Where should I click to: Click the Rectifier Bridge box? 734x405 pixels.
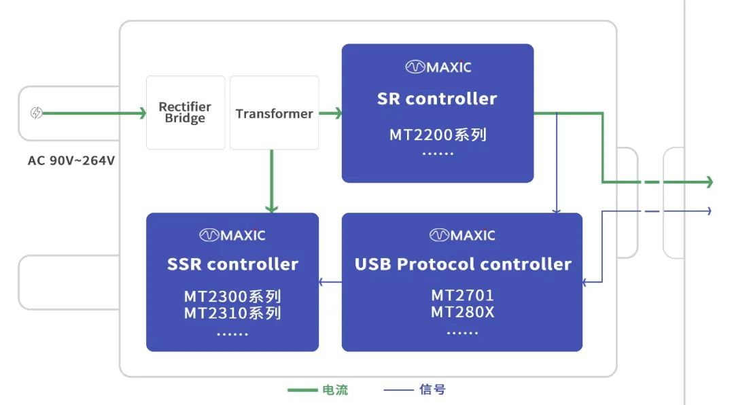(186, 113)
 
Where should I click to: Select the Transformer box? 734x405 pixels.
(275, 113)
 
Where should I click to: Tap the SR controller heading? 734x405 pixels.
(437, 99)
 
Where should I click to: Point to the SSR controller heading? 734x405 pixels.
(232, 264)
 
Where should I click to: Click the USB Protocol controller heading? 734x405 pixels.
(463, 264)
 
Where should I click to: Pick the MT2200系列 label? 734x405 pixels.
(438, 134)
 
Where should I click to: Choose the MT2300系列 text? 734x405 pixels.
(232, 296)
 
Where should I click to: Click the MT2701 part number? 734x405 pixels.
(462, 296)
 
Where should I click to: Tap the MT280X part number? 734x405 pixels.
(462, 313)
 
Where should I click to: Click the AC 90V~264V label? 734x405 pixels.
(71, 161)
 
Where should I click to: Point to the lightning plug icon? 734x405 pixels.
(37, 113)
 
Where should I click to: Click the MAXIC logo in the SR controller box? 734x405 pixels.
(438, 67)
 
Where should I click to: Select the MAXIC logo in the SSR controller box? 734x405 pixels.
(232, 235)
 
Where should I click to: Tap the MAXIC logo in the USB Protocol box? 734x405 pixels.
(462, 235)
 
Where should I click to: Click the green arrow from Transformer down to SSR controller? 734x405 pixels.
(271, 181)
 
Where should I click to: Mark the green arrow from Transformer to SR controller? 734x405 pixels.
(330, 113)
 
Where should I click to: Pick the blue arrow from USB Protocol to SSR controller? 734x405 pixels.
(330, 281)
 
